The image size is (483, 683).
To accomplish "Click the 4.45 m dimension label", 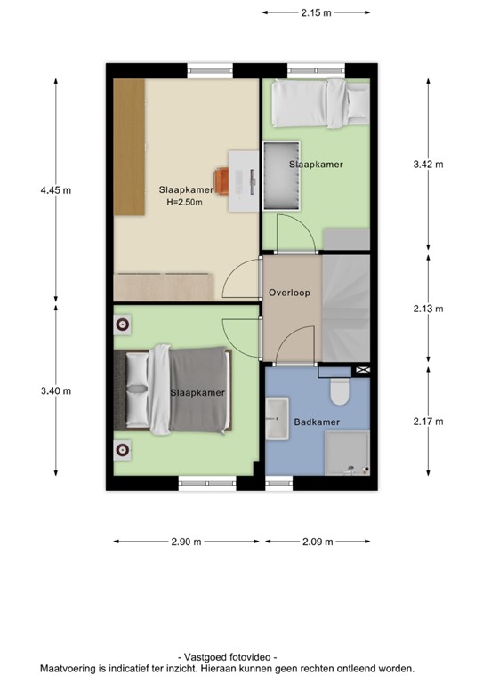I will click(55, 190).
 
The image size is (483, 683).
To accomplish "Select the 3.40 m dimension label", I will click(55, 390).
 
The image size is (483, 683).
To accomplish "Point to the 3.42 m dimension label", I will click(428, 165).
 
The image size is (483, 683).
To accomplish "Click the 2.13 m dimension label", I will click(428, 309).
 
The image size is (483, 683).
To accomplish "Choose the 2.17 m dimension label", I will click(428, 422).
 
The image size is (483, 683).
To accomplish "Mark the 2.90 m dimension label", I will click(186, 542).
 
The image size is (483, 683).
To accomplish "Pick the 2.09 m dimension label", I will click(316, 542).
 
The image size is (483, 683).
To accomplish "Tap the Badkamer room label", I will click(317, 422).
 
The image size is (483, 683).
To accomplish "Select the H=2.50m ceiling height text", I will click(185, 202).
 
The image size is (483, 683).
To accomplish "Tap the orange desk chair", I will click(222, 178).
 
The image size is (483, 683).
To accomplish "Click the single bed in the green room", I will click(319, 102).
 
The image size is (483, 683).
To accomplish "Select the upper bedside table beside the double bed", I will click(122, 324).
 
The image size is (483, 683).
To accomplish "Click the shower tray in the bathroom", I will click(347, 453).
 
